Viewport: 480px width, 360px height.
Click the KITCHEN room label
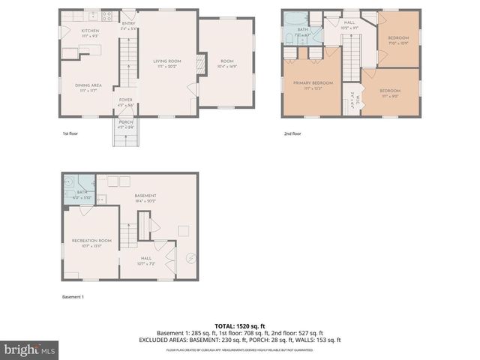[x=89, y=31]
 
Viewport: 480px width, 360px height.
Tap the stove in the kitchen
[x=107, y=16]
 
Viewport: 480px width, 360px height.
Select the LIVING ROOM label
[x=167, y=61]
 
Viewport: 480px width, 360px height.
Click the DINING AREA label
[x=88, y=86]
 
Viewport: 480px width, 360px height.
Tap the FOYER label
[x=125, y=103]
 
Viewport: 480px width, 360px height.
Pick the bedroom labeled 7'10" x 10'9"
[x=397, y=39]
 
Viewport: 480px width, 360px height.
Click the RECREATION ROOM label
[x=91, y=241]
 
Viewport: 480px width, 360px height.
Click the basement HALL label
[x=146, y=259]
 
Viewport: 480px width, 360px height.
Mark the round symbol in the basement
[x=190, y=259]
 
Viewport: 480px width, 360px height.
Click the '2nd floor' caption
[x=292, y=133]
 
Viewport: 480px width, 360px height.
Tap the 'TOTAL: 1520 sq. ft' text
[x=240, y=325]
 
